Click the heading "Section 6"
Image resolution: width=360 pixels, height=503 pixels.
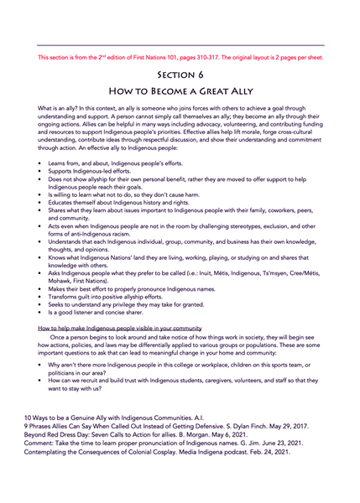point(180,74)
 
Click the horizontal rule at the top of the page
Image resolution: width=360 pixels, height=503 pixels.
point(180,45)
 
